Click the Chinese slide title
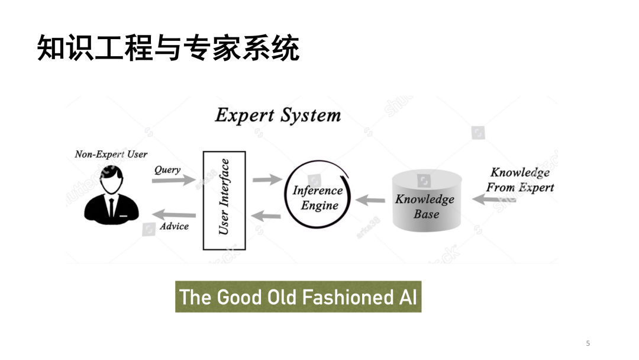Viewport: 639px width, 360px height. (168, 48)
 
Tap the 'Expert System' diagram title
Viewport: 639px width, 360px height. (277, 115)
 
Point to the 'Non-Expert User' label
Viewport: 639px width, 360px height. (111, 155)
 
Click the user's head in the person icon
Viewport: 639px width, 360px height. (111, 181)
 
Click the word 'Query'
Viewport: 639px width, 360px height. (167, 170)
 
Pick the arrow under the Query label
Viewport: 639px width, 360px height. (172, 180)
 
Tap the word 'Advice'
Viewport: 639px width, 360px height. (174, 226)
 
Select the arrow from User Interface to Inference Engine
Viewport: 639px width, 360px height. (267, 179)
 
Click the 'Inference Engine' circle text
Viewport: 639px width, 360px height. (318, 198)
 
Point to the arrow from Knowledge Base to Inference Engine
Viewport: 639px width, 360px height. (370, 200)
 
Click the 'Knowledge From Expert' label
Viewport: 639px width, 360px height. (520, 180)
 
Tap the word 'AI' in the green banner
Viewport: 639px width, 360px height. (407, 297)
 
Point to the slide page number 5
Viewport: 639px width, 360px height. (588, 343)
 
